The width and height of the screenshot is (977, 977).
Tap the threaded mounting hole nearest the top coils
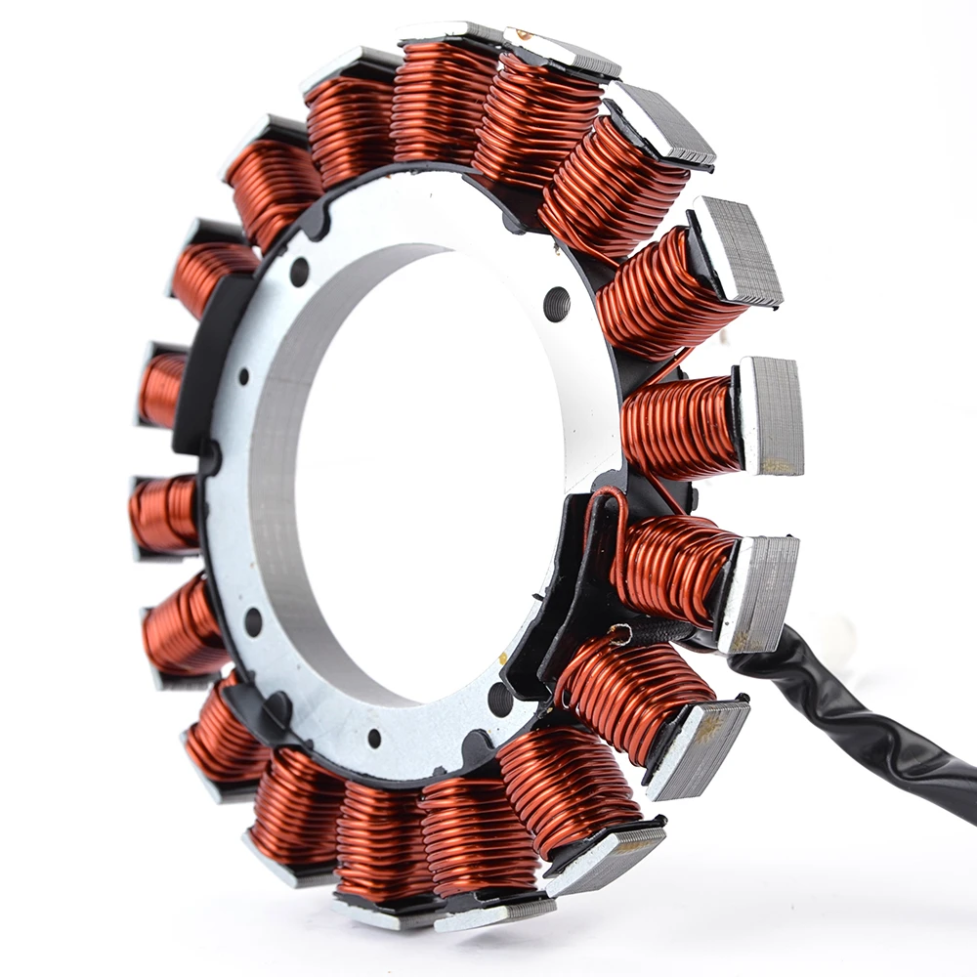coord(557,303)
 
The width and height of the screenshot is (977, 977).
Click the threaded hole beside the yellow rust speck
coord(500,698)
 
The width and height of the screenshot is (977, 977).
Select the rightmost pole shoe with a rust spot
coord(772,415)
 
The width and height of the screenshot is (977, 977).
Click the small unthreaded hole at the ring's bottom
coord(373,738)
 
